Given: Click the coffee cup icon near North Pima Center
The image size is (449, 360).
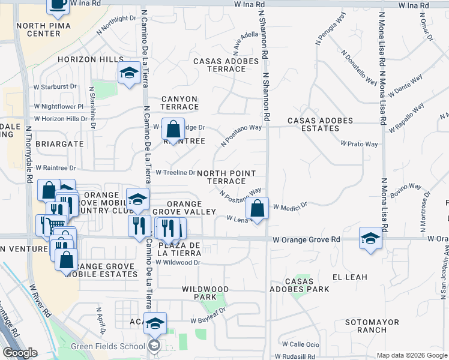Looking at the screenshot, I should [x=58, y=5].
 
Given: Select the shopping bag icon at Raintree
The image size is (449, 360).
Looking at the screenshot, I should [x=173, y=129].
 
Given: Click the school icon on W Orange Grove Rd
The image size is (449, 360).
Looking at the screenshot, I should [x=370, y=238].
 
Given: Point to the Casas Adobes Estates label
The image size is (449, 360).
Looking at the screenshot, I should [x=313, y=124].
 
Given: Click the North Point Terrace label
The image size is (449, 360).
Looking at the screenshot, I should [x=226, y=177].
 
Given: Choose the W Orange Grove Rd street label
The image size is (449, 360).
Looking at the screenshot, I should [x=306, y=239].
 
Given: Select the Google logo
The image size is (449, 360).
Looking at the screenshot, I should [x=20, y=353].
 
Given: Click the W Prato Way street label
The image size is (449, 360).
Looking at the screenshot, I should [x=359, y=144].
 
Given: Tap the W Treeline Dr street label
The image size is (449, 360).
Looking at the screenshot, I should [x=175, y=172].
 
